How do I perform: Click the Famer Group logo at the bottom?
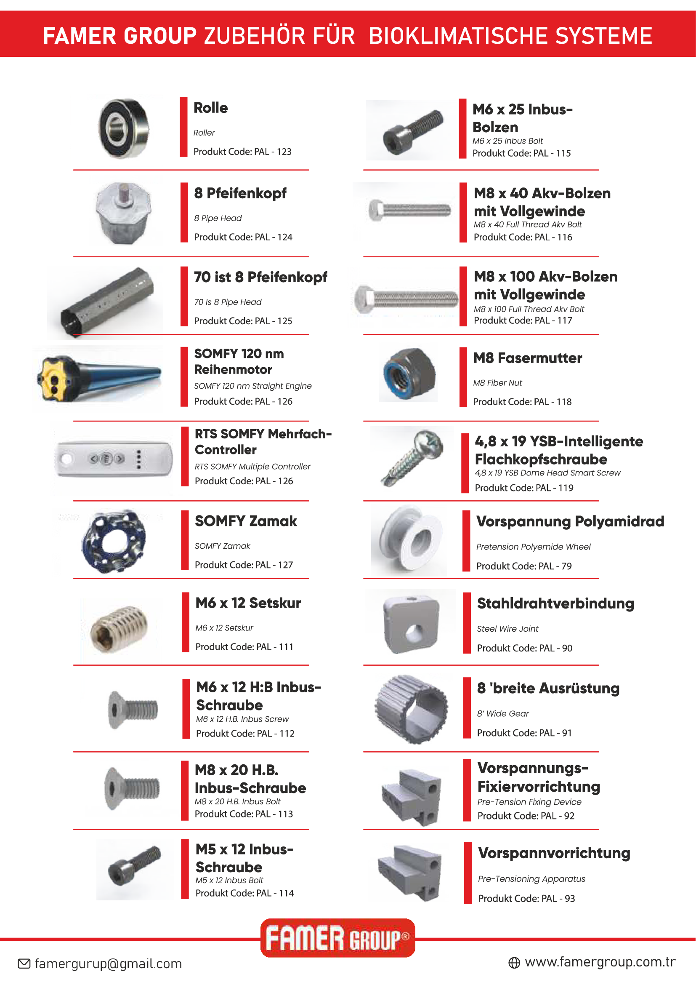[x=338, y=938]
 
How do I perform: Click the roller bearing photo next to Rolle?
[x=124, y=129]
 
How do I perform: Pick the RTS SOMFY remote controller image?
[x=114, y=459]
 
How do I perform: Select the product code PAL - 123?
[x=242, y=152]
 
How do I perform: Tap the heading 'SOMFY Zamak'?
[x=246, y=521]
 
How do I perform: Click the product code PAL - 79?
[x=524, y=566]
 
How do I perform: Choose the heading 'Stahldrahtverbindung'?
[x=555, y=603]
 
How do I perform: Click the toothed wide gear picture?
[x=412, y=709]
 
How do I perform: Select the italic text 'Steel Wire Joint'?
[x=507, y=628]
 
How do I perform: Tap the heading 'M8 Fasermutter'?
[x=528, y=358]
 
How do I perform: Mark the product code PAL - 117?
[x=523, y=320]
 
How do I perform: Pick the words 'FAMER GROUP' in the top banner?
[x=120, y=36]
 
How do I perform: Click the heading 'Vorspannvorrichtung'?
[x=554, y=853]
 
